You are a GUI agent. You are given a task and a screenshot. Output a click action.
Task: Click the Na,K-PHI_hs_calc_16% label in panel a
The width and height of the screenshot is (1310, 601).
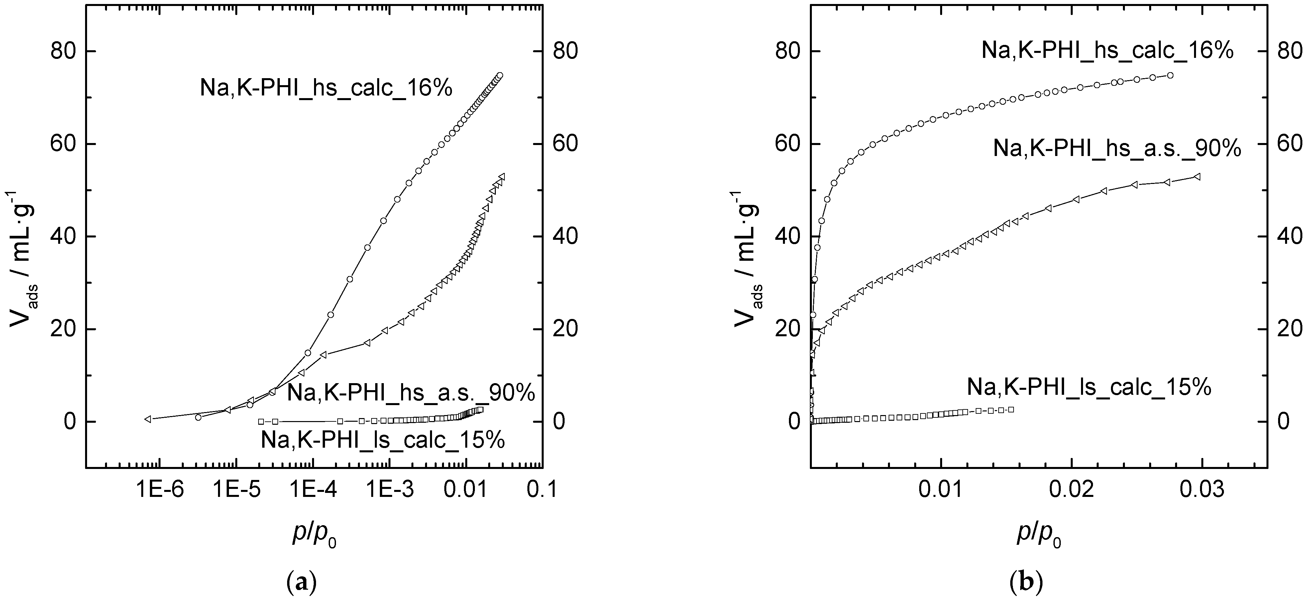[326, 88]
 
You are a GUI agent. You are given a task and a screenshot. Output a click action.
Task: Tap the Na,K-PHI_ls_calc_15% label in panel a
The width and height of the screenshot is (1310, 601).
[383, 440]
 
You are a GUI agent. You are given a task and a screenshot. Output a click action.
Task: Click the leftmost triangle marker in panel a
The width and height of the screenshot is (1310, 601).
[148, 419]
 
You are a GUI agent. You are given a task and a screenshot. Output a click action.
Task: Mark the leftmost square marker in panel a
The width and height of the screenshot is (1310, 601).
[261, 421]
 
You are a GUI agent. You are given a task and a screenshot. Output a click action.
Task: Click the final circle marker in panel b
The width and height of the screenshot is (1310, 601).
[1170, 75]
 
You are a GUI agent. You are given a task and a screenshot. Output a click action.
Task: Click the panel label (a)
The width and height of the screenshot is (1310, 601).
[302, 581]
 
